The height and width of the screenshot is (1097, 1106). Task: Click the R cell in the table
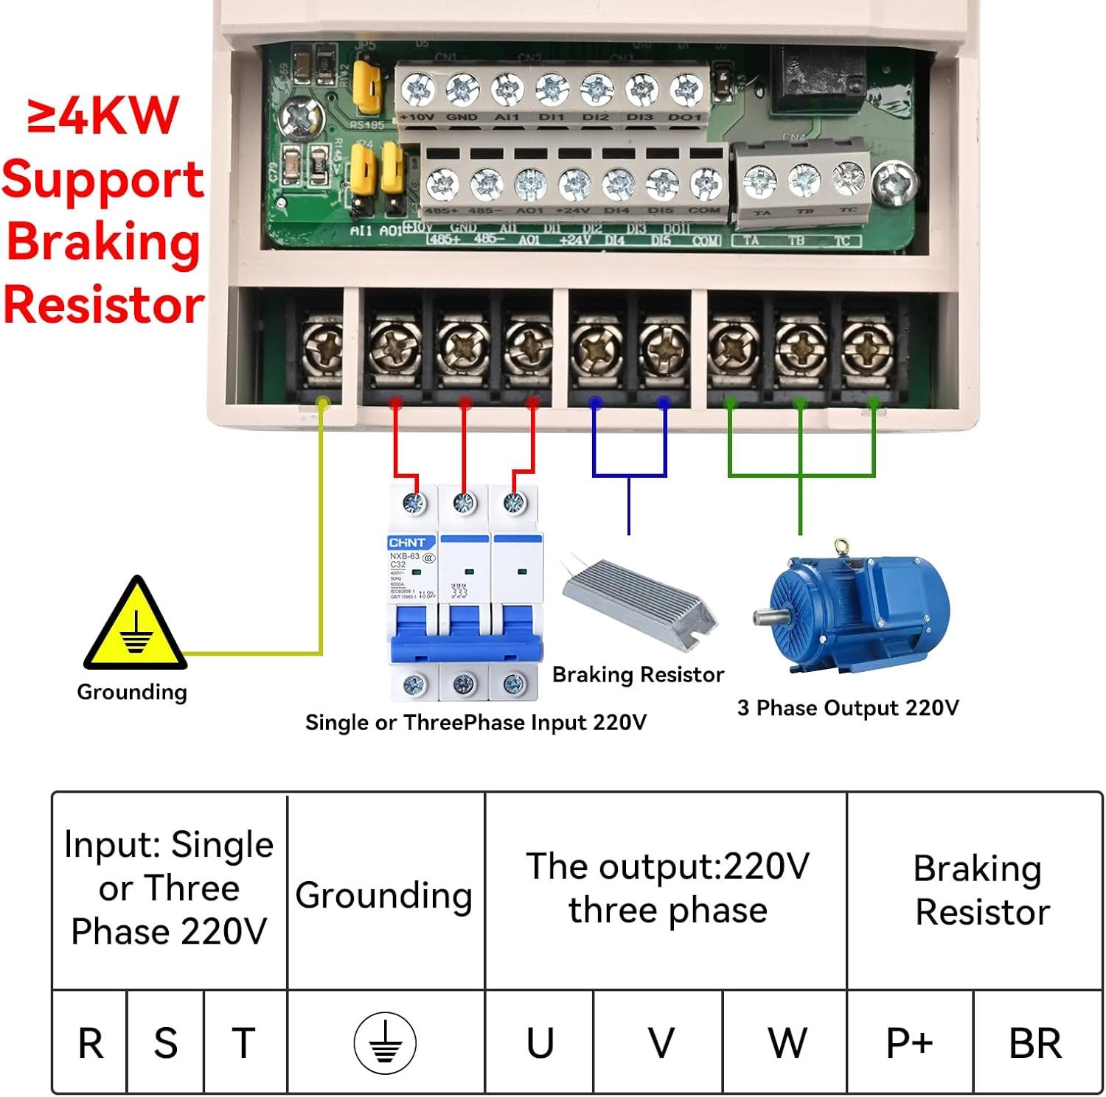90,1042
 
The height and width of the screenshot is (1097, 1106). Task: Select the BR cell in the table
1035,1042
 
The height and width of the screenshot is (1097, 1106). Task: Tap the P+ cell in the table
909,1042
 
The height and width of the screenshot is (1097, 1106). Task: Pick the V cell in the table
661,1042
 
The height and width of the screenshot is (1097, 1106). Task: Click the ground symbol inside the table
385,1042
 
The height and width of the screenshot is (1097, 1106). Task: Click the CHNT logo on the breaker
407,542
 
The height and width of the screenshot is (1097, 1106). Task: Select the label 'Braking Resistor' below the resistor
638,674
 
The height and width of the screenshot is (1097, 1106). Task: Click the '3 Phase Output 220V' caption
848,708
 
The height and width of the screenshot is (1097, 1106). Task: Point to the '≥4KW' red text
103,116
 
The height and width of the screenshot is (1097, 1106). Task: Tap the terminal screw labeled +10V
418,91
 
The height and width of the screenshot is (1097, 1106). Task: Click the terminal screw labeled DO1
685,91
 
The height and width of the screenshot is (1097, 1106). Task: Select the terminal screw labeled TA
759,181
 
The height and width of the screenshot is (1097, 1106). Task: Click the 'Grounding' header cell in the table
384,894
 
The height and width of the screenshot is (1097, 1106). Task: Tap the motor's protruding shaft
765,616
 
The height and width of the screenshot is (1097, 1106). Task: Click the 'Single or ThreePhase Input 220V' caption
476,722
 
